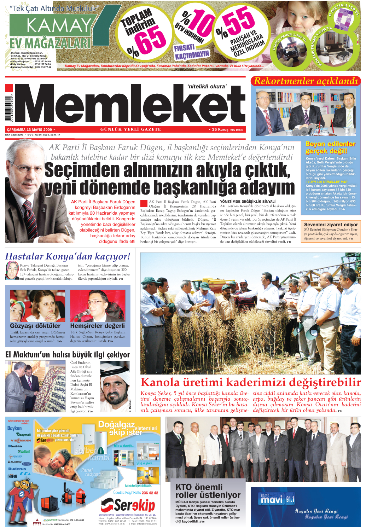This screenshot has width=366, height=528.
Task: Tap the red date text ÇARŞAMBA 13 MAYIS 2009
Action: coord(29,130)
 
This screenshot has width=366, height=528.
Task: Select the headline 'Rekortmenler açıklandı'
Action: coord(306,81)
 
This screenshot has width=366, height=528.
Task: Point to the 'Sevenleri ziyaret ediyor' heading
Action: coord(331,225)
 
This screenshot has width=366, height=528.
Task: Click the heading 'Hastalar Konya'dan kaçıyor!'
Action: coord(68,256)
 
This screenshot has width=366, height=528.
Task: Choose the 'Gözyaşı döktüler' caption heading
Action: coord(35,326)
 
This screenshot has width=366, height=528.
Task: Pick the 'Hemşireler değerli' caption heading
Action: coord(98,326)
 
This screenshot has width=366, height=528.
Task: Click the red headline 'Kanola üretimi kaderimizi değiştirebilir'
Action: coord(250,382)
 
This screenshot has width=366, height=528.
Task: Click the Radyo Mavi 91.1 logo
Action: coord(277,499)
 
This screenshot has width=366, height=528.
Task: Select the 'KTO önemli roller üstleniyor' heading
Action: coord(208,491)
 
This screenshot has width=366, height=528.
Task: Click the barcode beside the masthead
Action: coord(9,106)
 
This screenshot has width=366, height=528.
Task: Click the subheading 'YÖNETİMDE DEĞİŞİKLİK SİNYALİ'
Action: coord(248,202)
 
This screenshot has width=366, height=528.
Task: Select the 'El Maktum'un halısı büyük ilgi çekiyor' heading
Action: coord(68,355)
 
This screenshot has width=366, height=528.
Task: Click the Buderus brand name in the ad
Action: coord(17,469)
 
